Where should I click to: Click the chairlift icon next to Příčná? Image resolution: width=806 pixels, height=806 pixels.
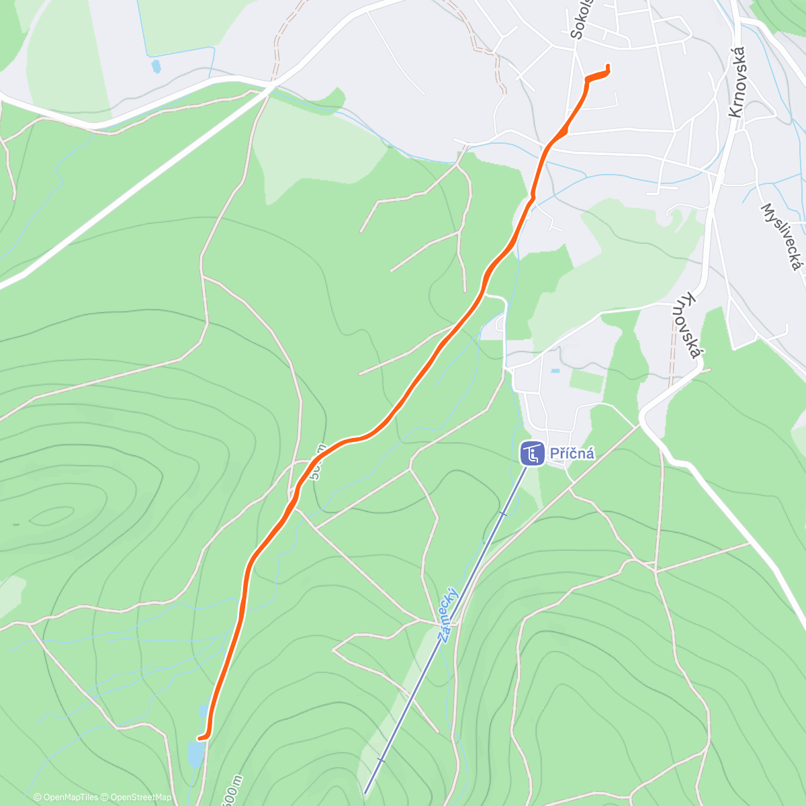(532, 453)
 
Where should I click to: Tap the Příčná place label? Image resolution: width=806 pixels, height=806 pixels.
(572, 453)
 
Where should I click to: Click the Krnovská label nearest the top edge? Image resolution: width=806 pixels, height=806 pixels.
(737, 82)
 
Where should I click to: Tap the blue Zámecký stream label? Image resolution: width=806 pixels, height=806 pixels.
(448, 614)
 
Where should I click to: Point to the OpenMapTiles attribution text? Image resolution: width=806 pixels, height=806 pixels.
(66, 797)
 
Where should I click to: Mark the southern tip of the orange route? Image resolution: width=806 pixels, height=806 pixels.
(200, 737)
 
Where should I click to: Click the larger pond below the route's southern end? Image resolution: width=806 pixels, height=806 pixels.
(195, 754)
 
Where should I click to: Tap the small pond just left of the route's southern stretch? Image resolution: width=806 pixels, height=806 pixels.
(203, 711)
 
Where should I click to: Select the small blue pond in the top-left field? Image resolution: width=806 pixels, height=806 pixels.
(156, 66)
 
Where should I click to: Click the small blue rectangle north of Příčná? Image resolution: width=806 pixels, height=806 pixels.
(555, 371)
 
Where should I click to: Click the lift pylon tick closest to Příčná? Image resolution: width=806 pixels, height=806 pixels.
(502, 514)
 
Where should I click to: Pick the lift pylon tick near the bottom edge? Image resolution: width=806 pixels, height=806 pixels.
(381, 760)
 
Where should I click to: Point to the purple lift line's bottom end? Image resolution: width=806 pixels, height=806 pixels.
(365, 793)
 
